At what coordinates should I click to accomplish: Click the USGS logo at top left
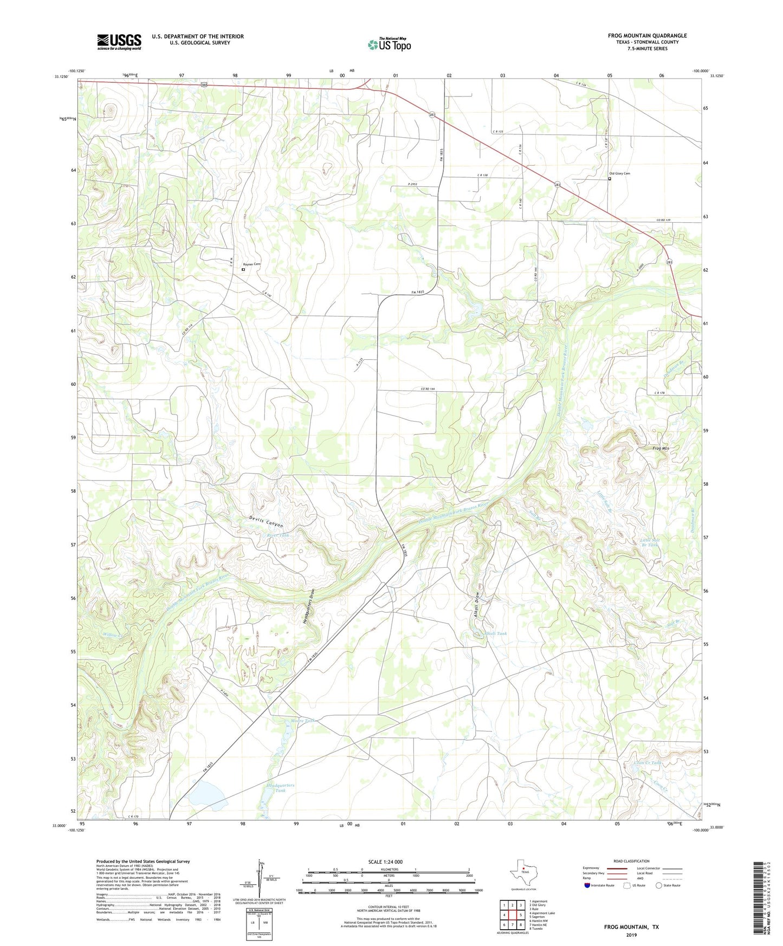[x=119, y=42]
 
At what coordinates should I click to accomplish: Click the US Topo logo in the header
[x=389, y=44]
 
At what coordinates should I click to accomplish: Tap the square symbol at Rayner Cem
[x=243, y=269]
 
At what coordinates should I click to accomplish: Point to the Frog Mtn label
[x=661, y=448]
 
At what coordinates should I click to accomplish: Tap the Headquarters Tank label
[x=280, y=788]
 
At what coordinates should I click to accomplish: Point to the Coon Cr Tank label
[x=648, y=763]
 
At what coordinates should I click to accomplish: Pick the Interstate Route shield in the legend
[x=588, y=885]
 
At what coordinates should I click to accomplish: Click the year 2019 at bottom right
[x=631, y=935]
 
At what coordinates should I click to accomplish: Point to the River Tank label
[x=278, y=535]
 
